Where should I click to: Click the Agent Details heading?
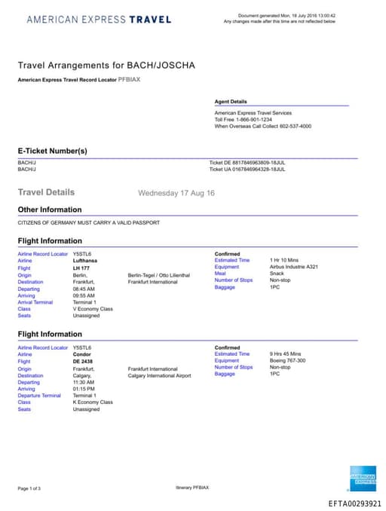tap(231, 101)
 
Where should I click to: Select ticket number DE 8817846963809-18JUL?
tap(247, 162)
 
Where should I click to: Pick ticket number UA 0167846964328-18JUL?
tap(247, 169)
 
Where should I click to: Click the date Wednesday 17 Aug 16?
tap(176, 193)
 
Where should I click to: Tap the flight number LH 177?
tap(81, 267)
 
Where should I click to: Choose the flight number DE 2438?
tap(82, 360)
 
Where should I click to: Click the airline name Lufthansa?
tap(85, 260)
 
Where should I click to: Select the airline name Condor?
tap(81, 353)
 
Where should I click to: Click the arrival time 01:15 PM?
tap(84, 388)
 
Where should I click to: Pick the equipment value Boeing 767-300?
tap(289, 360)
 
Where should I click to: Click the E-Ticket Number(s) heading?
tap(53, 151)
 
